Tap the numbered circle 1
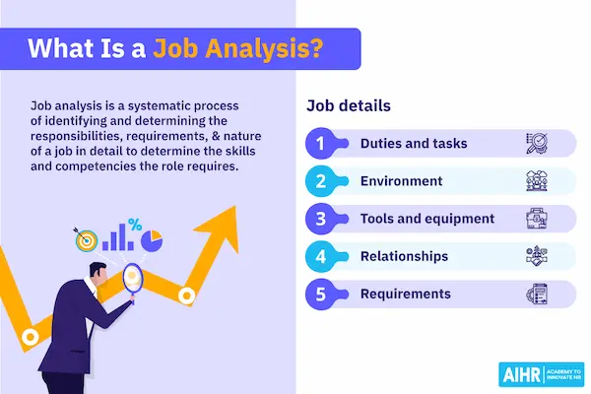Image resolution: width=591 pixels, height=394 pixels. (x=320, y=144)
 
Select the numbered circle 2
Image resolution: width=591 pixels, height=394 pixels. (x=320, y=181)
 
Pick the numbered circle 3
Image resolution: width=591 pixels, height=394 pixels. (x=320, y=219)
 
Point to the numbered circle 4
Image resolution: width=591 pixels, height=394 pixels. (x=320, y=256)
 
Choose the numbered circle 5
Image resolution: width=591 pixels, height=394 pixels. (x=320, y=294)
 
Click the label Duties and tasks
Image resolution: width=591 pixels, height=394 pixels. (x=414, y=144)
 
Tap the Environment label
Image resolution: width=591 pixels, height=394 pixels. (x=401, y=181)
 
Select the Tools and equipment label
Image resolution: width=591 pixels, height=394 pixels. (x=426, y=219)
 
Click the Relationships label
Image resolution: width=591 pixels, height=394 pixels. (x=404, y=256)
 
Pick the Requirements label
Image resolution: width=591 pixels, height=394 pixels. (x=406, y=294)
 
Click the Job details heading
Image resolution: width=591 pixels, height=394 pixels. (x=349, y=105)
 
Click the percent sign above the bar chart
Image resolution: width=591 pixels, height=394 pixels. (x=135, y=224)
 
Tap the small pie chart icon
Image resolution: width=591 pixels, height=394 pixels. (x=151, y=239)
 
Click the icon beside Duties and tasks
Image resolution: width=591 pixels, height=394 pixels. (x=534, y=144)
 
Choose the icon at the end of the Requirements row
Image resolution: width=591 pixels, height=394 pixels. (x=534, y=294)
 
